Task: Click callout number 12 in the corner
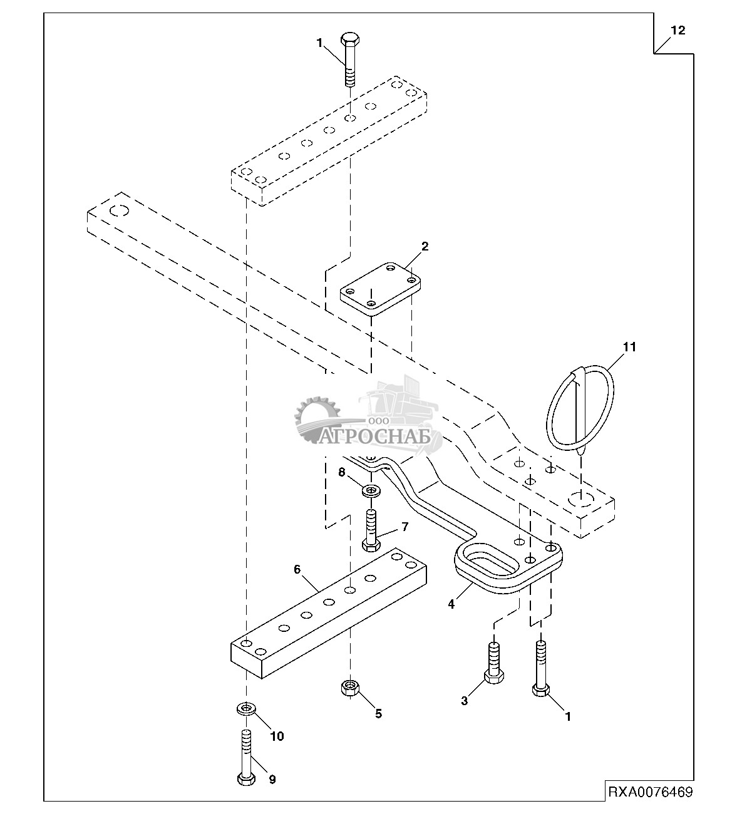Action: [x=678, y=31]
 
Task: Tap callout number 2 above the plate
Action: [x=425, y=246]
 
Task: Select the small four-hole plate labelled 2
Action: [x=380, y=289]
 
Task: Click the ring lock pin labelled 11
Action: [x=580, y=410]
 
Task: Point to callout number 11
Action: [x=629, y=347]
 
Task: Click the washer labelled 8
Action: [x=371, y=491]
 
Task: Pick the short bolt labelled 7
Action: [x=371, y=530]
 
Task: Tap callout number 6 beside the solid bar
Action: [x=297, y=569]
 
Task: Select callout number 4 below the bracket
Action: [x=451, y=604]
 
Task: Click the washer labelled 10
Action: [x=246, y=708]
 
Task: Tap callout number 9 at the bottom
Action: [x=272, y=778]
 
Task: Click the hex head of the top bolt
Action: [x=350, y=39]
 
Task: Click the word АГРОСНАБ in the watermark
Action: [x=374, y=437]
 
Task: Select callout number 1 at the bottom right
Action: [x=567, y=716]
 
